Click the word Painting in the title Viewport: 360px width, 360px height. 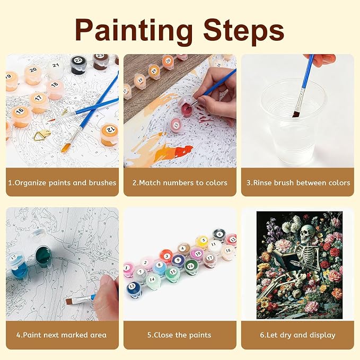pyautogui.click(x=134, y=31)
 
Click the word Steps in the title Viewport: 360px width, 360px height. pyautogui.click(x=243, y=30)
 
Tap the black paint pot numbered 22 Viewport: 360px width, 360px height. pyautogui.click(x=78, y=65)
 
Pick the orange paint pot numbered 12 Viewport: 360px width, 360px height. pyautogui.click(x=110, y=135)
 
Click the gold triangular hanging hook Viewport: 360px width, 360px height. pyautogui.click(x=42, y=135)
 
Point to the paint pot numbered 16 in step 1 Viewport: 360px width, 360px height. pyautogui.click(x=21, y=117)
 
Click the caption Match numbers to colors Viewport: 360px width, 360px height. pyautogui.click(x=180, y=183)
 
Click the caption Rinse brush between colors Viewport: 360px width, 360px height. pyautogui.click(x=298, y=183)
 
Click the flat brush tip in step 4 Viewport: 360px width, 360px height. pyautogui.click(x=71, y=301)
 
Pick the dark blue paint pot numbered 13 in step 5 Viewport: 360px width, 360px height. pyautogui.click(x=134, y=289)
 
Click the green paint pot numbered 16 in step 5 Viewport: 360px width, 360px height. pyautogui.click(x=190, y=267)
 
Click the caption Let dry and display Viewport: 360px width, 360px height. pyautogui.click(x=297, y=335)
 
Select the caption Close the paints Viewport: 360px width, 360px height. pyautogui.click(x=179, y=335)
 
